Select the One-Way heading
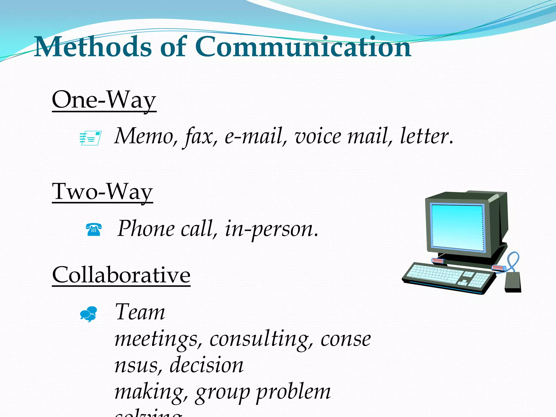pyautogui.click(x=104, y=100)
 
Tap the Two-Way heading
pyautogui.click(x=102, y=192)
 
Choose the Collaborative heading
pyautogui.click(x=121, y=275)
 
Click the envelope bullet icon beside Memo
pyautogui.click(x=90, y=138)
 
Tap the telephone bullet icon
pyautogui.click(x=94, y=230)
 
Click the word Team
pyautogui.click(x=140, y=312)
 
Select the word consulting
pyautogui.click(x=259, y=339)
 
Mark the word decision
pyautogui.click(x=206, y=365)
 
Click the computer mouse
pyautogui.click(x=513, y=282)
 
